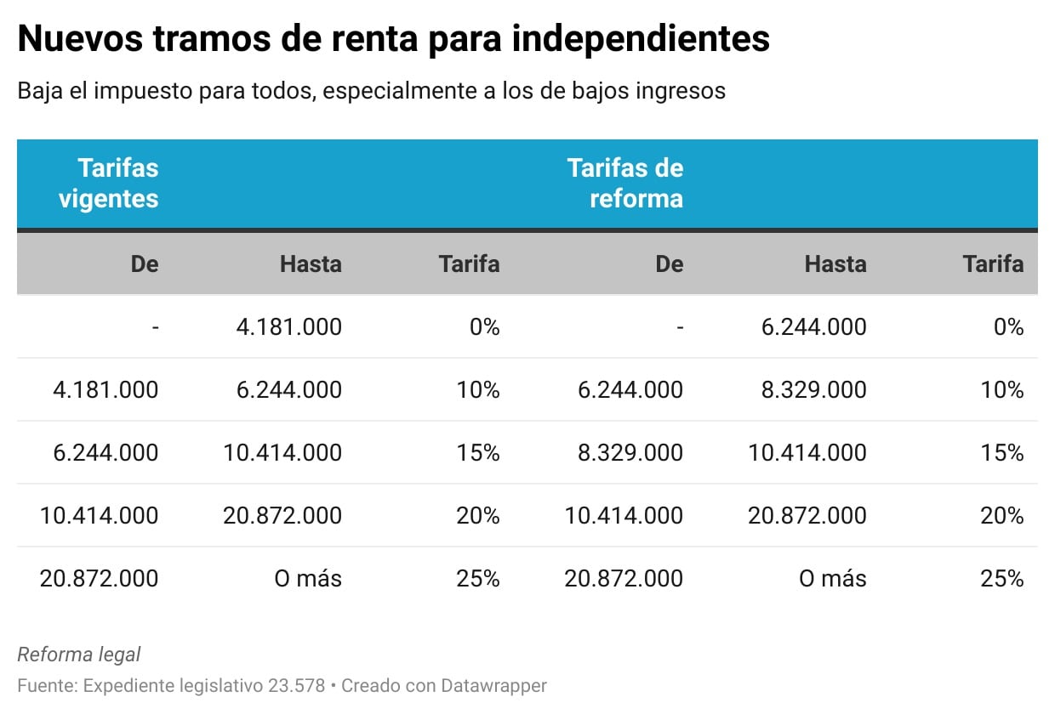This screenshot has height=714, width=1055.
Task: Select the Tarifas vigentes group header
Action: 117,184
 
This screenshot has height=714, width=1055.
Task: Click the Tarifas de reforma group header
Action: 624,184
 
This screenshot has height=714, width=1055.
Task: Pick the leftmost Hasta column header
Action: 311,264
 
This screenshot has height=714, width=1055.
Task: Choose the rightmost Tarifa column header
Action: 993,264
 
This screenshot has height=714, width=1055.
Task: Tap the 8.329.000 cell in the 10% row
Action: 807,389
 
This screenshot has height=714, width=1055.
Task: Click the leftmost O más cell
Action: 307,579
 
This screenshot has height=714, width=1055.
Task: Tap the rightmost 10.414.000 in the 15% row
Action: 807,452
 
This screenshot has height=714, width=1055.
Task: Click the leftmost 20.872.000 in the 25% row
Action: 99,579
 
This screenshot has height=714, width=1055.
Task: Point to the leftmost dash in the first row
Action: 155,326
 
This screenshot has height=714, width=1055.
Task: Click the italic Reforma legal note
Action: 79,654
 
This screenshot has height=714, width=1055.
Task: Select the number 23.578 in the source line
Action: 294,685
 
